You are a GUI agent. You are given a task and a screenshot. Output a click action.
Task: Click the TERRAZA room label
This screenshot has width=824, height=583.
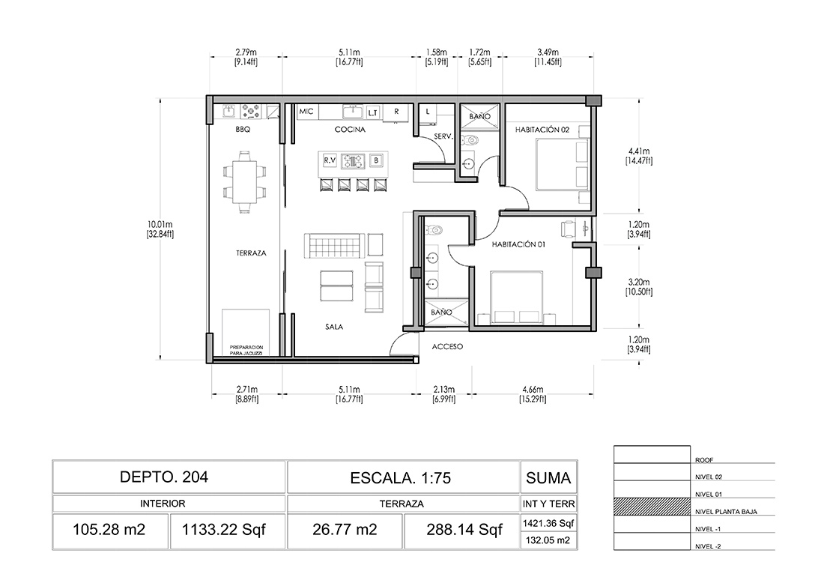point(251,253)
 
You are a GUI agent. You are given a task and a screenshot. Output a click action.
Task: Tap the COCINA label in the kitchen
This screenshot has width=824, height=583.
point(350,130)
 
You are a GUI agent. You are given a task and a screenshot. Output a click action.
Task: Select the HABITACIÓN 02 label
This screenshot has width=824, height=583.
point(542,130)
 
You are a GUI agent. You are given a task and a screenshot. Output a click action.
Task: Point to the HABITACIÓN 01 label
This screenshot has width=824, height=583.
point(518,244)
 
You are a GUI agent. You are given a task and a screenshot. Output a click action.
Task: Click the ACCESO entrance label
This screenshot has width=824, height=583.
point(447,346)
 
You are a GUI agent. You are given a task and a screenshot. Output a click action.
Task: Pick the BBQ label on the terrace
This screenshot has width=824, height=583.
point(243,130)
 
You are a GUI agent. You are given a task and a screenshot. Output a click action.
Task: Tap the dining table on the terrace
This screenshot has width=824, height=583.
point(244,182)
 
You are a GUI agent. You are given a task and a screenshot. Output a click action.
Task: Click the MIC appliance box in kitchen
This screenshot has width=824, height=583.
point(306,112)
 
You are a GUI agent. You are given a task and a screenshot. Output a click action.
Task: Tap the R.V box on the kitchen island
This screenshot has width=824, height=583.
point(330,160)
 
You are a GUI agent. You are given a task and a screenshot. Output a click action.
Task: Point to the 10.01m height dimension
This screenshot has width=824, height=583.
point(160,229)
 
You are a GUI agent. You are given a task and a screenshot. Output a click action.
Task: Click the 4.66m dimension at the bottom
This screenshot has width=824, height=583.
point(533,393)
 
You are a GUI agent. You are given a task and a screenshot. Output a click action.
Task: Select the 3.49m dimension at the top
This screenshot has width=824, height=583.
point(548,57)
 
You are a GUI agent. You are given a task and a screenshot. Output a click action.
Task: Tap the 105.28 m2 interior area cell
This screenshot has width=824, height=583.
point(110,530)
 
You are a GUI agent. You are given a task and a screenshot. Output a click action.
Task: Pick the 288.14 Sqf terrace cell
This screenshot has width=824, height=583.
point(464,530)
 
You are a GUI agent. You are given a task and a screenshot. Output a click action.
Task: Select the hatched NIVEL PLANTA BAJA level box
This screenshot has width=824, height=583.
point(652,507)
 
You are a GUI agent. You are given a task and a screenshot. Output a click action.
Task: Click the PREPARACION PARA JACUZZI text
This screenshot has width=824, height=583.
point(246,350)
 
